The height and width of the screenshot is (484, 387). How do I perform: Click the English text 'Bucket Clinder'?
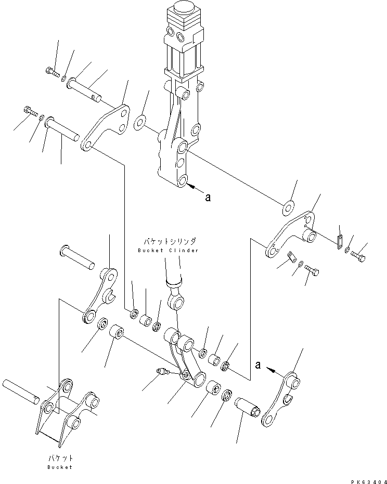[x=168, y=251]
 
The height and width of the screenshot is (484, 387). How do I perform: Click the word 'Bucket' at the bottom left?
[x=59, y=467]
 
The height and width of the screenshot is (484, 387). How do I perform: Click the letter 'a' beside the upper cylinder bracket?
[x=209, y=197]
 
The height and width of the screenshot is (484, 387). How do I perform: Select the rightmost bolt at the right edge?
[x=358, y=256]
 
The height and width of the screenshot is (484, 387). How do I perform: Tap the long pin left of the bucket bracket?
[x=21, y=390]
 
